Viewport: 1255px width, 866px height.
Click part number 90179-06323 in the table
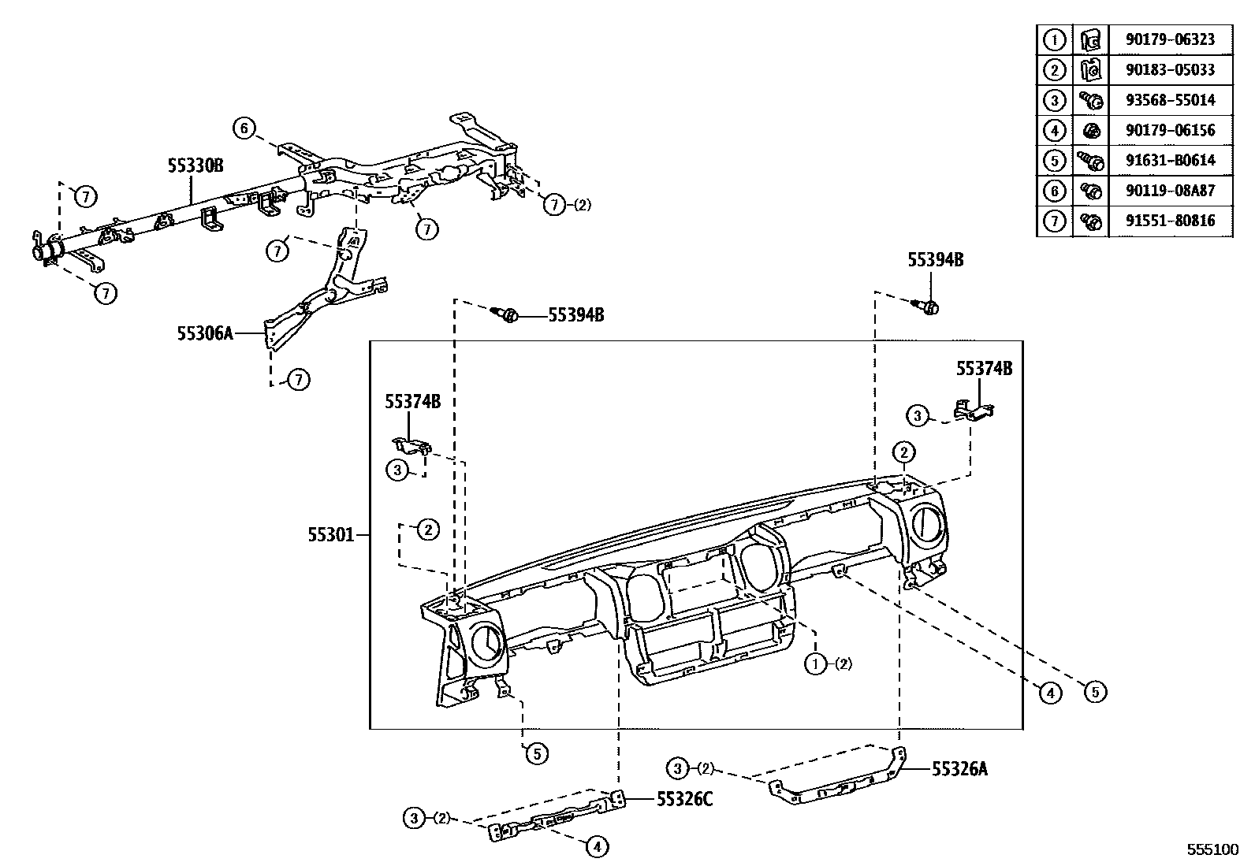(x=1170, y=39)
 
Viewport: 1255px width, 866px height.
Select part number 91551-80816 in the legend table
(x=1170, y=221)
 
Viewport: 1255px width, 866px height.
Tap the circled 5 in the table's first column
(x=1055, y=160)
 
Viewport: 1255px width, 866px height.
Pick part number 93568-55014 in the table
(x=1170, y=100)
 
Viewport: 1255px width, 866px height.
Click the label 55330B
(x=196, y=165)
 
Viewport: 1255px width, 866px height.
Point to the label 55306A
(x=205, y=333)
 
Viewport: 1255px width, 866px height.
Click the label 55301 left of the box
(x=330, y=535)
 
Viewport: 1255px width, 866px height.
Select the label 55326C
(x=684, y=800)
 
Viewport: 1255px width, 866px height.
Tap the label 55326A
(x=959, y=769)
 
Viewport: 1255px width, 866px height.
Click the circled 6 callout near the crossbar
(x=244, y=128)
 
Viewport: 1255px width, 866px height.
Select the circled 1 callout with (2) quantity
(x=814, y=663)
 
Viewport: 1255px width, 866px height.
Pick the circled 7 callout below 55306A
(x=298, y=380)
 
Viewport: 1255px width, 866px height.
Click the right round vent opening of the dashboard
(x=927, y=526)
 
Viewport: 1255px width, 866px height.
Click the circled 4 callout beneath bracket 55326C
(x=597, y=847)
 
